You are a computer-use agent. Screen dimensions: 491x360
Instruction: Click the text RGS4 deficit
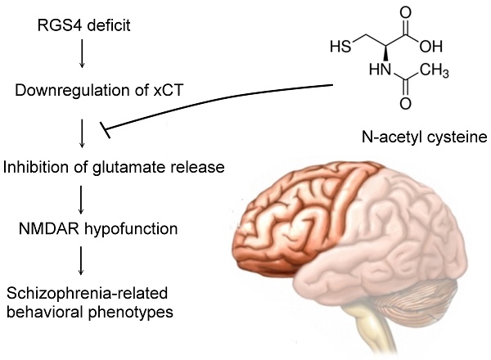83,25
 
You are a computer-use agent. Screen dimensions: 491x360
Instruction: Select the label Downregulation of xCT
99,91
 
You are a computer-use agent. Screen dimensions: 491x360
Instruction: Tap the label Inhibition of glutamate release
114,167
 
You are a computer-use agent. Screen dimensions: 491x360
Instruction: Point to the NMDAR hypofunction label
98,229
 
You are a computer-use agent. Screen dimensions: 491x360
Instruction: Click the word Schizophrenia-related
87,294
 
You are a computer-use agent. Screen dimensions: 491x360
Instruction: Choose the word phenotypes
130,313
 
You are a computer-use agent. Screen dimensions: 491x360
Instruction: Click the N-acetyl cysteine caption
425,137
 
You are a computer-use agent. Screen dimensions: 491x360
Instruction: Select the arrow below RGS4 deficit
82,53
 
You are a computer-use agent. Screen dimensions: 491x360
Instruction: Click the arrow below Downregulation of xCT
82,133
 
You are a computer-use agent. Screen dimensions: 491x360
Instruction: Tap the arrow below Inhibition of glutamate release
81,200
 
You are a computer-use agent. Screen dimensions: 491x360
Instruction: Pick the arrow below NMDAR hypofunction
81,261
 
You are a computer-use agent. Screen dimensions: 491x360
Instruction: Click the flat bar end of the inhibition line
105,130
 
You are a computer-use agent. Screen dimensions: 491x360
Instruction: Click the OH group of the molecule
431,47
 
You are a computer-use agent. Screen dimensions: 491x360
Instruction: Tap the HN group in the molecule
380,70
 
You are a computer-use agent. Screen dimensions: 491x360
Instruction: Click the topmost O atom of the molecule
406,13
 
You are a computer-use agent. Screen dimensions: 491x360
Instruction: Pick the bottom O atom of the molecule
406,103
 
